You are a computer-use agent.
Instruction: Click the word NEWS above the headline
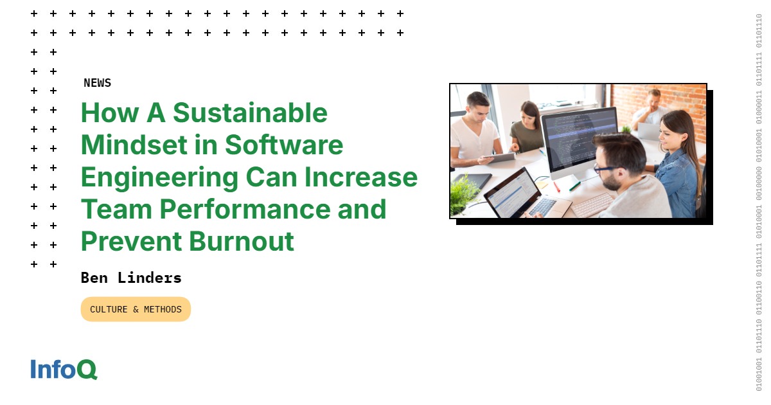click(97, 83)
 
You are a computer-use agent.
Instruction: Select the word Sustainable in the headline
click(250, 113)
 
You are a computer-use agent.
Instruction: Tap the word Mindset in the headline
click(135, 145)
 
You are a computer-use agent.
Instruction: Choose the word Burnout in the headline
click(241, 241)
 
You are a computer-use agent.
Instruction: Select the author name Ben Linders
click(131, 278)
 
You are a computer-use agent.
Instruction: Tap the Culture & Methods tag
click(136, 309)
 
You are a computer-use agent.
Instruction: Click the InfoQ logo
click(64, 370)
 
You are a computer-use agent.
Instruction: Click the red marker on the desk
click(556, 186)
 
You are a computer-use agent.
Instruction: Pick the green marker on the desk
click(574, 186)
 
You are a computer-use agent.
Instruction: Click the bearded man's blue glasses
click(605, 168)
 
